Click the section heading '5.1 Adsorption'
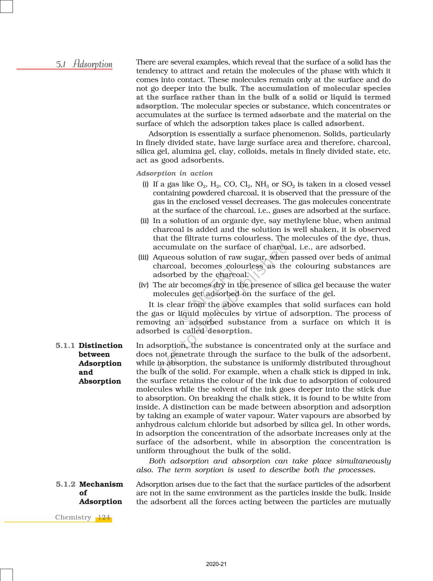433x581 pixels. click(x=84, y=64)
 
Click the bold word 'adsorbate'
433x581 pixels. click(x=287, y=115)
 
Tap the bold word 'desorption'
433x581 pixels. click(x=229, y=331)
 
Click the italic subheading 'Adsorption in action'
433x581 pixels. click(x=175, y=173)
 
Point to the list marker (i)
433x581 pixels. click(x=145, y=184)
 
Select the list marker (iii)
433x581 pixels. click(x=144, y=257)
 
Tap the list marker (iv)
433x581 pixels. click(x=144, y=285)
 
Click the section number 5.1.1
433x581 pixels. click(x=65, y=346)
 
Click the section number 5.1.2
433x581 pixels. click(x=66, y=484)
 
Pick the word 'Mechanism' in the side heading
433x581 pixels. click(x=101, y=484)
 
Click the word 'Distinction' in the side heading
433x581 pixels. click(x=101, y=346)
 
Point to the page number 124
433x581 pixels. click(x=104, y=517)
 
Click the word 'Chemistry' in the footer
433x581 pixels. click(x=73, y=517)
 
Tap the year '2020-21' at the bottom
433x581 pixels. click(x=216, y=564)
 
